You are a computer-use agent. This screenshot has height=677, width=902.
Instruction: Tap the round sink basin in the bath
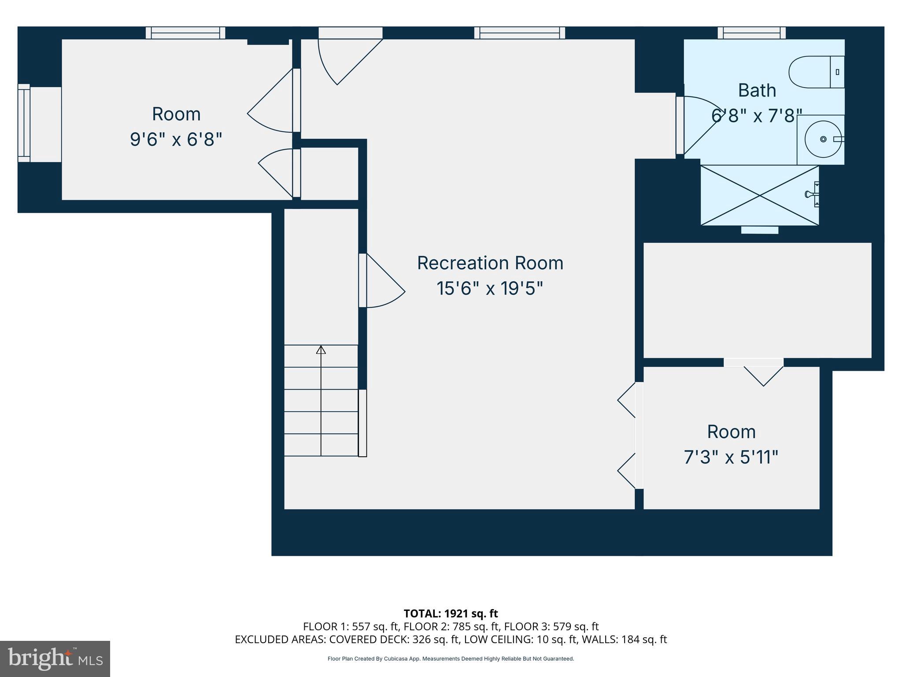point(823,139)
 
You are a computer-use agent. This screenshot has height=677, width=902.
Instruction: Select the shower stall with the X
point(759,195)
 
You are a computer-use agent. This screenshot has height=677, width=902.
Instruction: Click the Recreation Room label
point(490,263)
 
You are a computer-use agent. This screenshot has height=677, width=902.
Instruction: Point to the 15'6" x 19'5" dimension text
point(490,289)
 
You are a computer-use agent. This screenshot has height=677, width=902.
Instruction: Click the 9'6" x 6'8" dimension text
point(176,140)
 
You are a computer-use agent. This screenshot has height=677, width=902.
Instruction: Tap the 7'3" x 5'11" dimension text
point(731,457)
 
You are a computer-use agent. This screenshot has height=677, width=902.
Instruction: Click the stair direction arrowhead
point(321,350)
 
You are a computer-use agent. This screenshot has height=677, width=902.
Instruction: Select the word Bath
point(757,90)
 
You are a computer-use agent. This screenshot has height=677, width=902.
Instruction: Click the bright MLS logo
point(55,658)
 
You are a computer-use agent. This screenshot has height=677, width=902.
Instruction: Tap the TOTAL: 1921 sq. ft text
point(451,614)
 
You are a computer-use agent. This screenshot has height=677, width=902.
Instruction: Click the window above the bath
point(751,33)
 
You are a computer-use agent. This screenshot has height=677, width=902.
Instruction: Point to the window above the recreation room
point(520,33)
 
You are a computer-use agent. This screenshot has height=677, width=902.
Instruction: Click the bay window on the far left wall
point(24,123)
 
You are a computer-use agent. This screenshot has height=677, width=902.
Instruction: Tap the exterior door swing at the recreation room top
point(348,60)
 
